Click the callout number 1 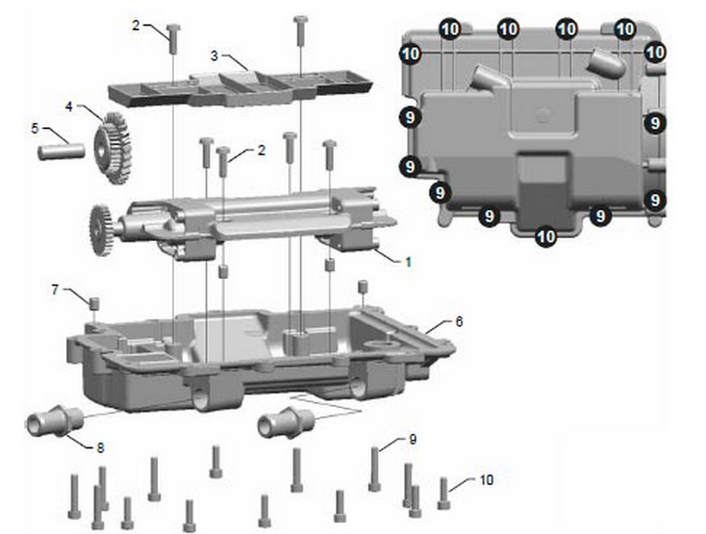point(408,262)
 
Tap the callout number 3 point(215,56)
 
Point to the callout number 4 point(69,106)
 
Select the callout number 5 point(35,128)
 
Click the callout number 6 point(458,321)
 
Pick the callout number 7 point(55,290)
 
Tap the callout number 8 point(100,447)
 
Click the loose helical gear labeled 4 point(113,148)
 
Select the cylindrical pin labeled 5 point(62,151)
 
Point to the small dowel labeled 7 point(94,303)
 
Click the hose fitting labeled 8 point(55,421)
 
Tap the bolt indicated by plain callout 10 point(444,494)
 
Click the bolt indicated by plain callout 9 point(375,469)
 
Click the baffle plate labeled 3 point(240,89)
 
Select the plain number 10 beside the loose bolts point(487,480)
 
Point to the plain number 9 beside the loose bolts point(413,440)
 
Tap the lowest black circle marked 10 point(546,236)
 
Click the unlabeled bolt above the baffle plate point(300,31)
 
